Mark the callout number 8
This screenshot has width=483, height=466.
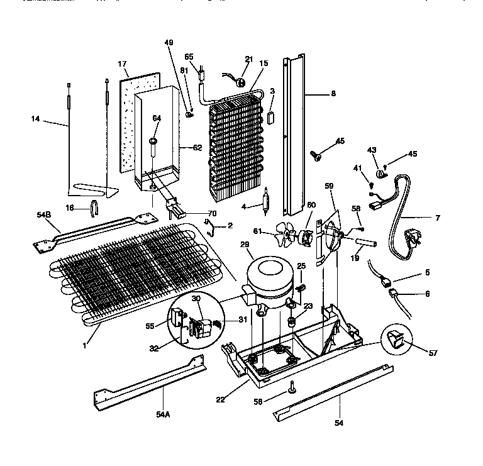(333, 94)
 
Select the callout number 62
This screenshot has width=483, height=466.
(197, 148)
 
